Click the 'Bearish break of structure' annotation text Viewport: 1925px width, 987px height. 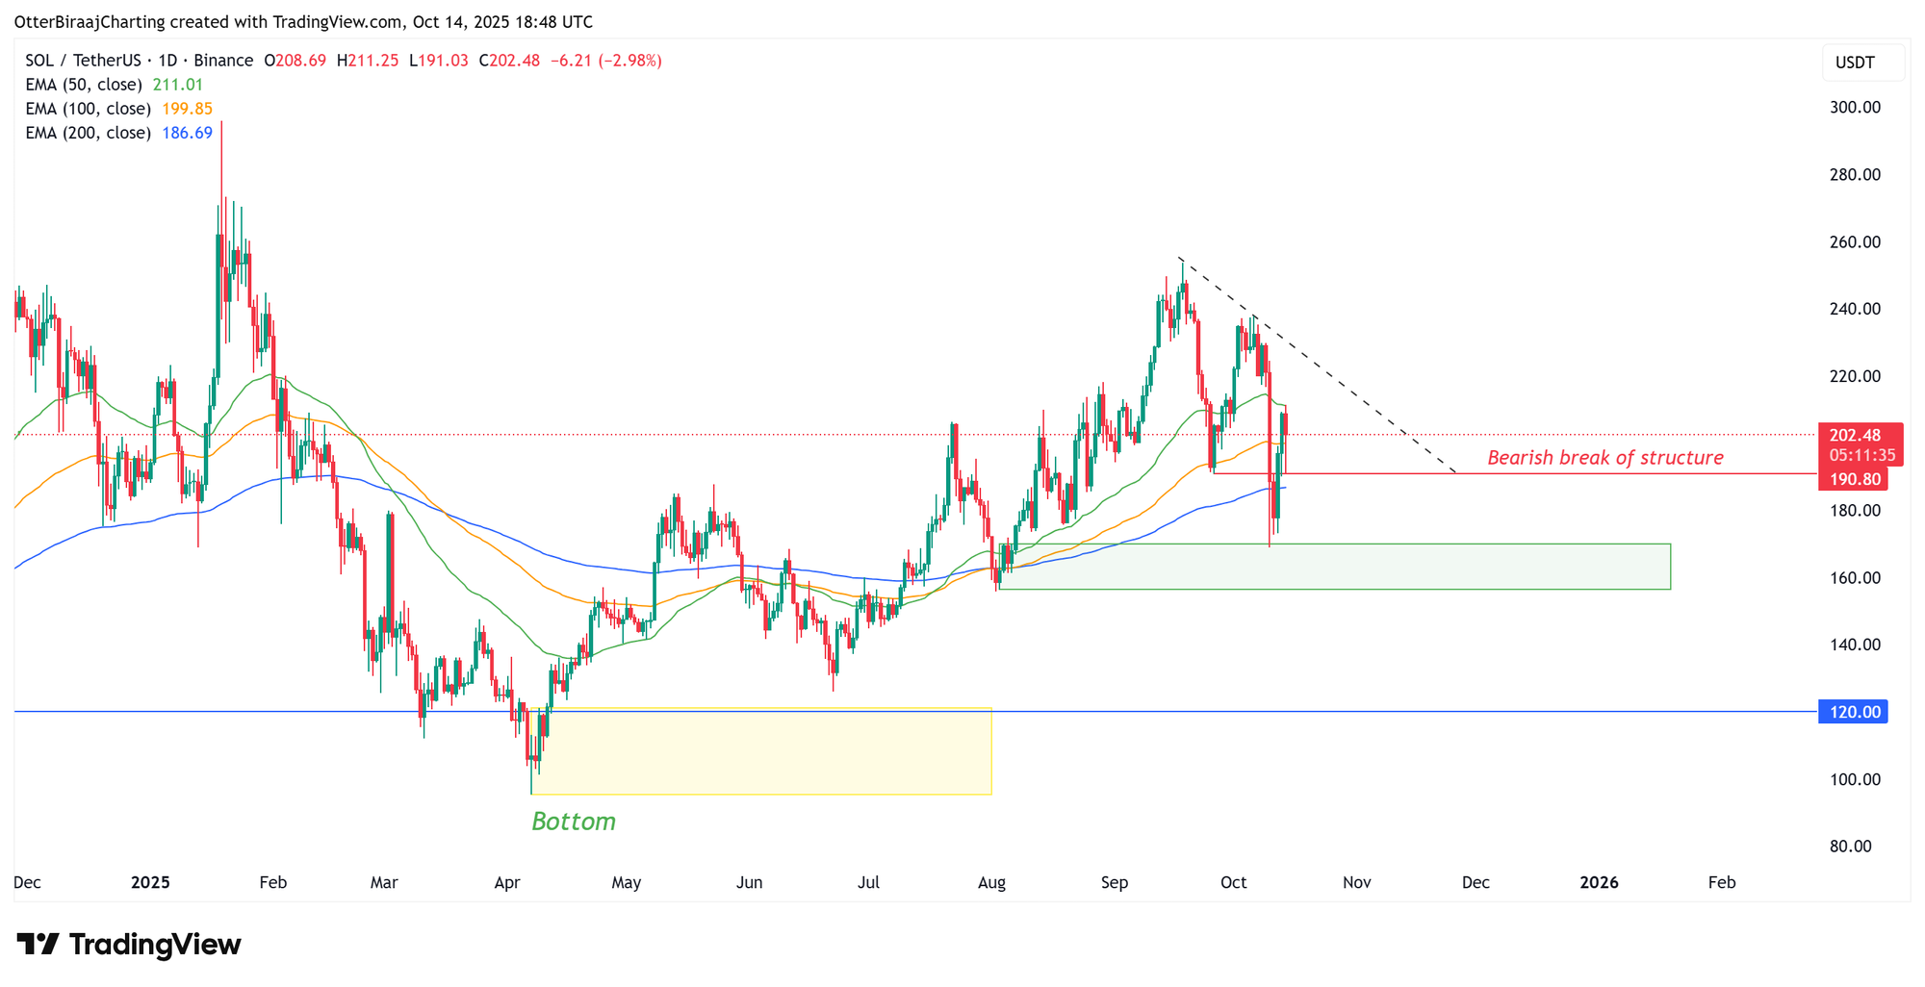coord(1604,458)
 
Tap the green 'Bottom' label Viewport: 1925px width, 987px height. coord(574,822)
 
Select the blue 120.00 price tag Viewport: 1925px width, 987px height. coord(1853,712)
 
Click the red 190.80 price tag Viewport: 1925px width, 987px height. coord(1853,479)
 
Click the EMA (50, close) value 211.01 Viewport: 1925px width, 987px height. coord(178,85)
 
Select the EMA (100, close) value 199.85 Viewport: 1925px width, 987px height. coord(187,109)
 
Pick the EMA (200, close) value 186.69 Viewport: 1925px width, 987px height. coord(187,133)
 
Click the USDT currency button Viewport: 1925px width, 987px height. coord(1855,63)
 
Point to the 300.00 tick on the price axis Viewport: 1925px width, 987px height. coord(1855,108)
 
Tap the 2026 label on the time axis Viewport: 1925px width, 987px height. coord(1599,882)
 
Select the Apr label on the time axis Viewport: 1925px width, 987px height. coord(507,882)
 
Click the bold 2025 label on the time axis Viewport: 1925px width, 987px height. coord(150,882)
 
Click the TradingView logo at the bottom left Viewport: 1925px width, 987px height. coord(129,945)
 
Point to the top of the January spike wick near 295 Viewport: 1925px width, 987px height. coord(221,123)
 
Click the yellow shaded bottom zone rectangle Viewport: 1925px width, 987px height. coord(760,751)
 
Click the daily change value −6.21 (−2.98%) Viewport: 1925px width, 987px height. coord(605,61)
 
